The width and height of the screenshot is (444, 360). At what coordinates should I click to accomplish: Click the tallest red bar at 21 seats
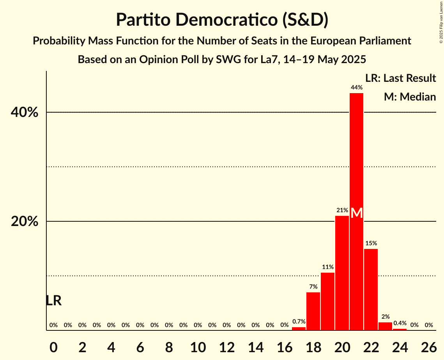point(356,156)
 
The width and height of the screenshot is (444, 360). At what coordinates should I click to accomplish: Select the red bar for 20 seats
point(342,273)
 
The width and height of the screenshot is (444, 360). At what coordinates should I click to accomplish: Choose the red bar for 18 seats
point(313,311)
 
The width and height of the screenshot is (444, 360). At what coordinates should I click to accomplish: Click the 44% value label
point(356,88)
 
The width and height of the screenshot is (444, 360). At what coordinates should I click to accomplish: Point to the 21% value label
point(342,210)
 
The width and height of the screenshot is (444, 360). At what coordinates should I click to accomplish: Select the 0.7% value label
point(299,322)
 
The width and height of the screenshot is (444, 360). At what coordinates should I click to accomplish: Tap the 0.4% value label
point(400,323)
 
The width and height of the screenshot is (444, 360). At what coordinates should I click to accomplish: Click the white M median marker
point(356,213)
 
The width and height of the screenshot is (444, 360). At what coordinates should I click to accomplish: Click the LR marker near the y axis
point(53,301)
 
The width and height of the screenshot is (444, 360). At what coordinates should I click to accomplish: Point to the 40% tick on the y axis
point(25,113)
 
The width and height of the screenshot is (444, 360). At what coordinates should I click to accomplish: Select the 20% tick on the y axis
point(25,222)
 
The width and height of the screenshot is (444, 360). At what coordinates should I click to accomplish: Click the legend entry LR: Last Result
point(400,78)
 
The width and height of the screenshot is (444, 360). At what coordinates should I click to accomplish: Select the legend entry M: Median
point(410,97)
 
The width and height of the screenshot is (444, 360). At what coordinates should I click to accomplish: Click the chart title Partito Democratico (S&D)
point(222,20)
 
